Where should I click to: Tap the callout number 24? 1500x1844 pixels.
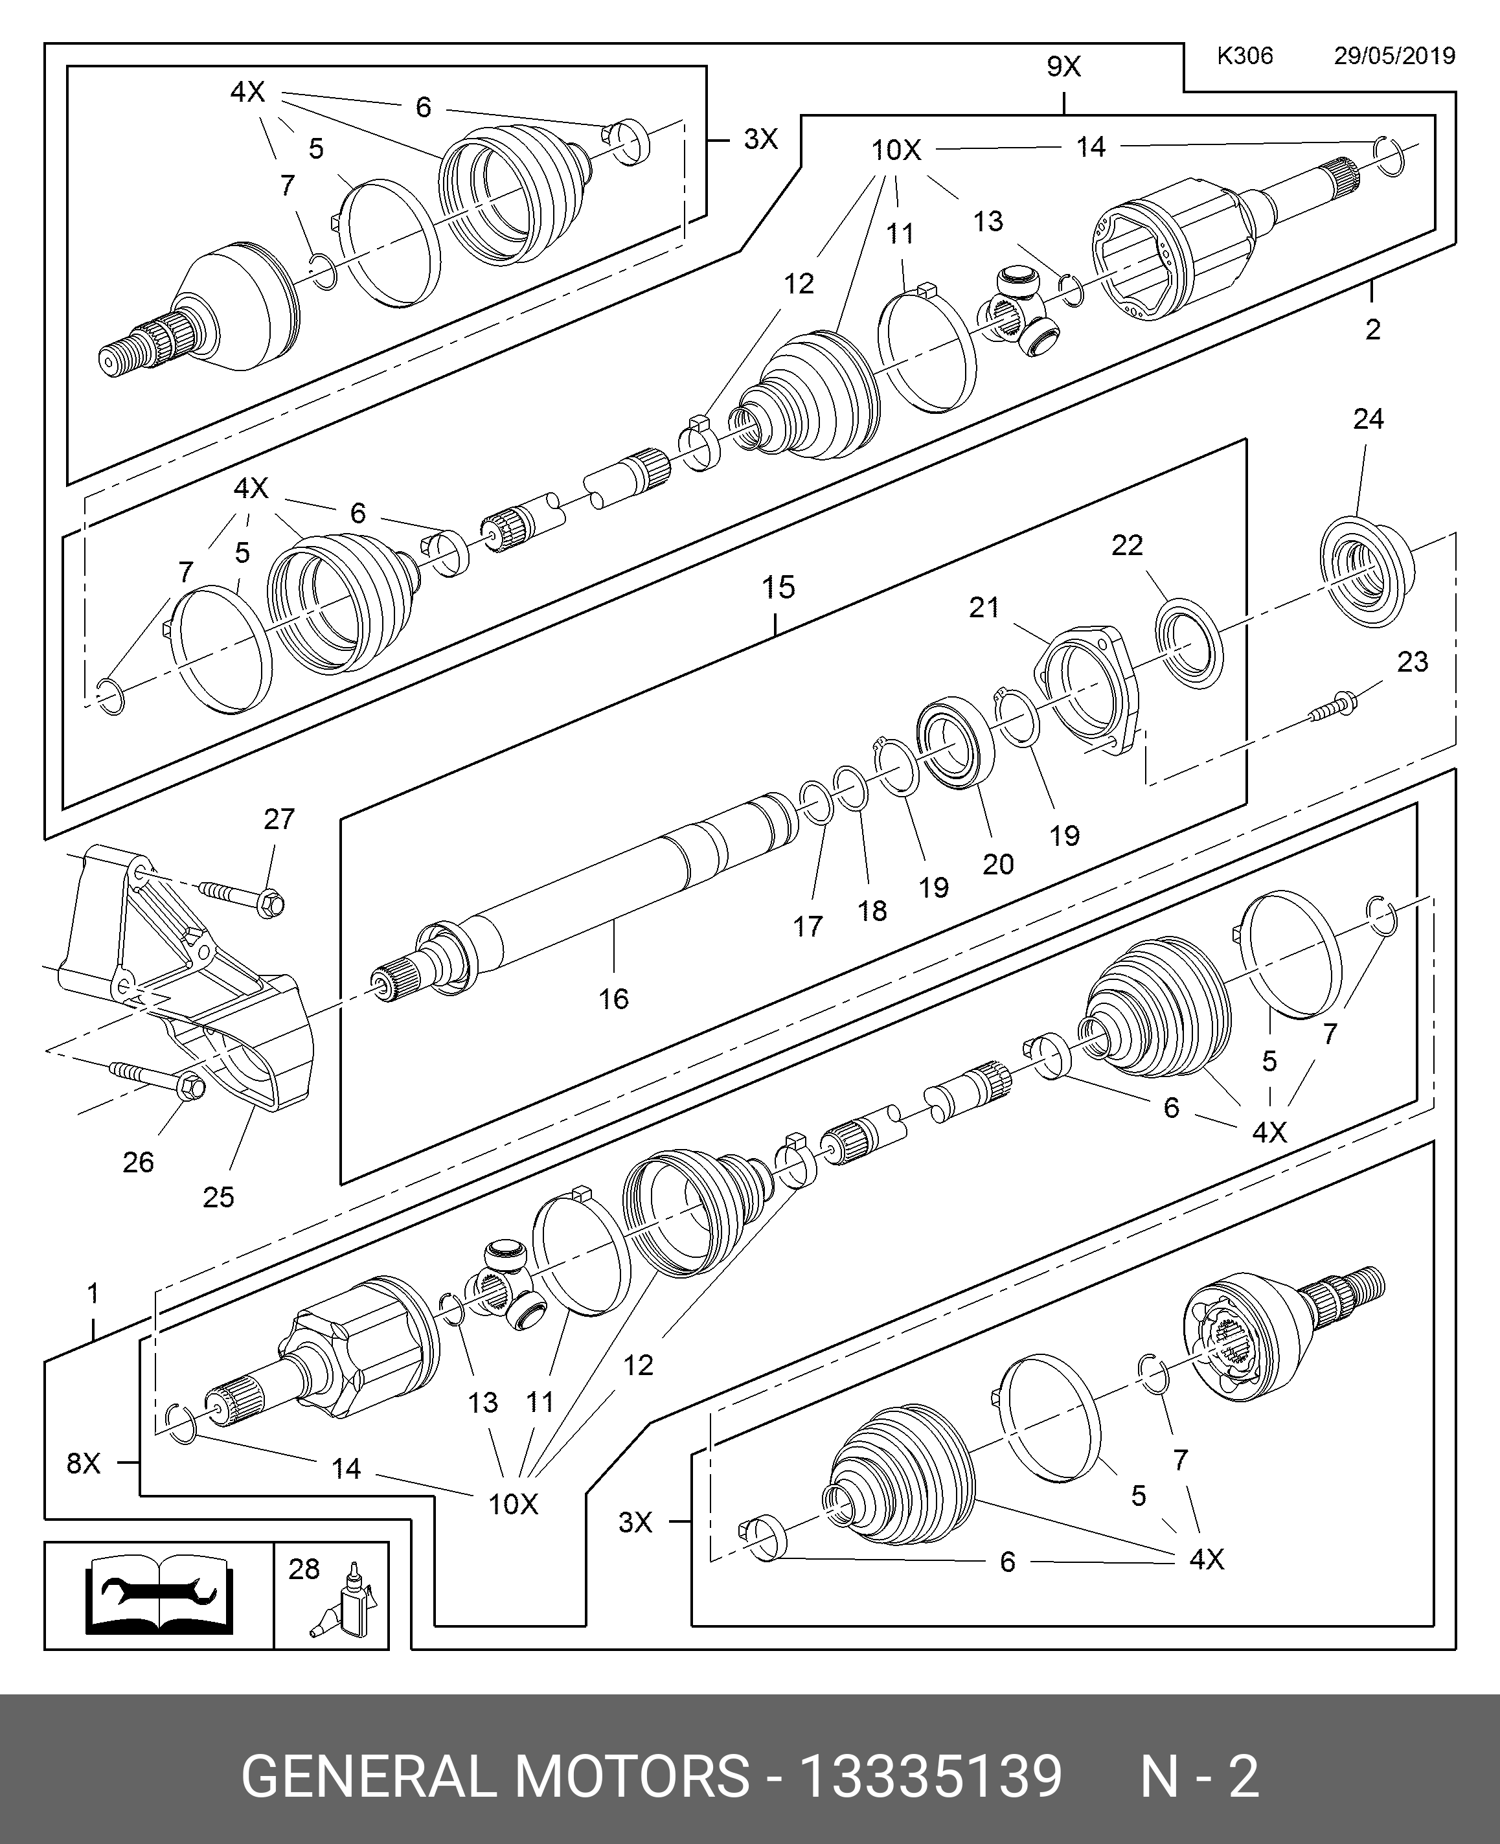1368,419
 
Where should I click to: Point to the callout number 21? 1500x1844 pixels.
984,608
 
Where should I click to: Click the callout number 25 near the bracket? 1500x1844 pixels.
219,1197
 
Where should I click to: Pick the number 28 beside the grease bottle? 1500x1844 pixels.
304,1568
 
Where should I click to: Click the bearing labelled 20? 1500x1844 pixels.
954,742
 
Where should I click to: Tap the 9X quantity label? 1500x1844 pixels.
1063,67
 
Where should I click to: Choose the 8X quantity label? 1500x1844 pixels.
84,1463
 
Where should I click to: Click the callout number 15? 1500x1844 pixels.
778,587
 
